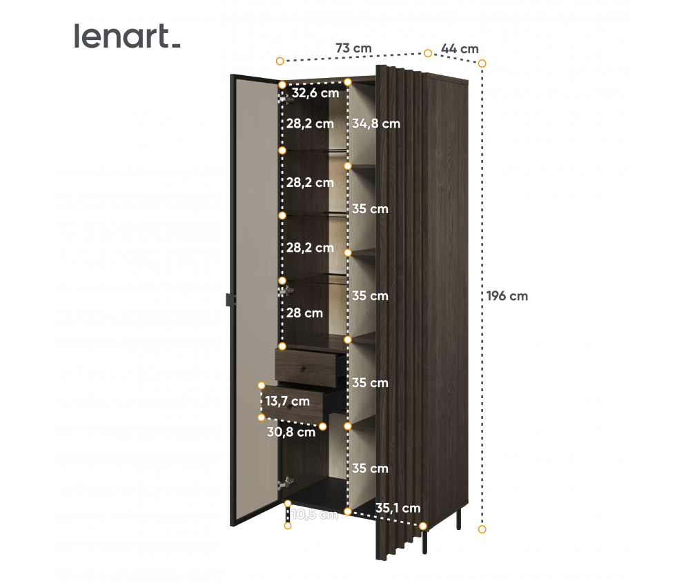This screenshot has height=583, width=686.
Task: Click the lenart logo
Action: pyautogui.click(x=127, y=37)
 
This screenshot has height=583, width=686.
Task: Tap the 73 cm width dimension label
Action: pyautogui.click(x=353, y=48)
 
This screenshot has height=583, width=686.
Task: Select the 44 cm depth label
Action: pyautogui.click(x=460, y=48)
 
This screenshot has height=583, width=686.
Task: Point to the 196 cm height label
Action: pyautogui.click(x=507, y=296)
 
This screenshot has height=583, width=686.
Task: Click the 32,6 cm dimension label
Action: pyautogui.click(x=315, y=92)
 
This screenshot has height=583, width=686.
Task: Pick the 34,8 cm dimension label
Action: pyautogui.click(x=376, y=124)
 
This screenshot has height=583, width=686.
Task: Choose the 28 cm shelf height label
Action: pyautogui.click(x=305, y=313)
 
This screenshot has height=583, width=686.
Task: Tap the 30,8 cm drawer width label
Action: pyautogui.click(x=291, y=432)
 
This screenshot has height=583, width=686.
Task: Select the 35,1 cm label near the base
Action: pyautogui.click(x=398, y=508)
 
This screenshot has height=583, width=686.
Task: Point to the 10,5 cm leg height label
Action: pyautogui.click(x=315, y=514)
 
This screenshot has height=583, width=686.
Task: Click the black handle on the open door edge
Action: pyautogui.click(x=229, y=299)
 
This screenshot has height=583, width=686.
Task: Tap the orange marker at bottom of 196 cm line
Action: pyautogui.click(x=482, y=529)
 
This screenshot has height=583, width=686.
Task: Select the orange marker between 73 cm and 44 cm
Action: pyautogui.click(x=428, y=53)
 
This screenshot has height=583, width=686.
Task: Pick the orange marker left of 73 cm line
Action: pyautogui.click(x=280, y=61)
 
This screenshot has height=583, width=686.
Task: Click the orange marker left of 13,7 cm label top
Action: pyautogui.click(x=262, y=385)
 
